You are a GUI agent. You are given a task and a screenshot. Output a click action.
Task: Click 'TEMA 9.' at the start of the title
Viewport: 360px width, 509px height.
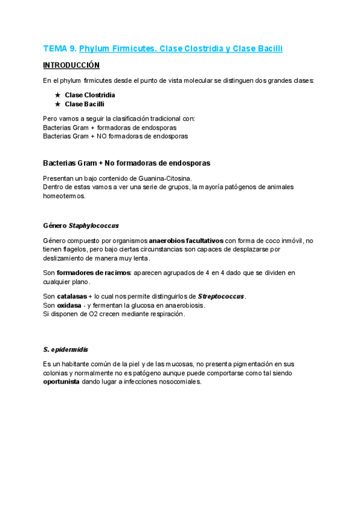click(59, 48)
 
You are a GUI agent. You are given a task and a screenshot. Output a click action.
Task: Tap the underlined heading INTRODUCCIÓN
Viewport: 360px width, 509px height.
click(71, 65)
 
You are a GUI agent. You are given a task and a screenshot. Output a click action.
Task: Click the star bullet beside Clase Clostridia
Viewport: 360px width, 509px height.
click(58, 95)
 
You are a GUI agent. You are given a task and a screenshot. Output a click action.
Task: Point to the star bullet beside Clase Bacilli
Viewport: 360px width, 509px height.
click(58, 104)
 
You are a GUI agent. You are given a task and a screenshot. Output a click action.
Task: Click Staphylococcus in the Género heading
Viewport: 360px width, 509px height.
click(94, 226)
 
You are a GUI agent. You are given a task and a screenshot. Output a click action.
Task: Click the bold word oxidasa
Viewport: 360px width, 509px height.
click(68, 305)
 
